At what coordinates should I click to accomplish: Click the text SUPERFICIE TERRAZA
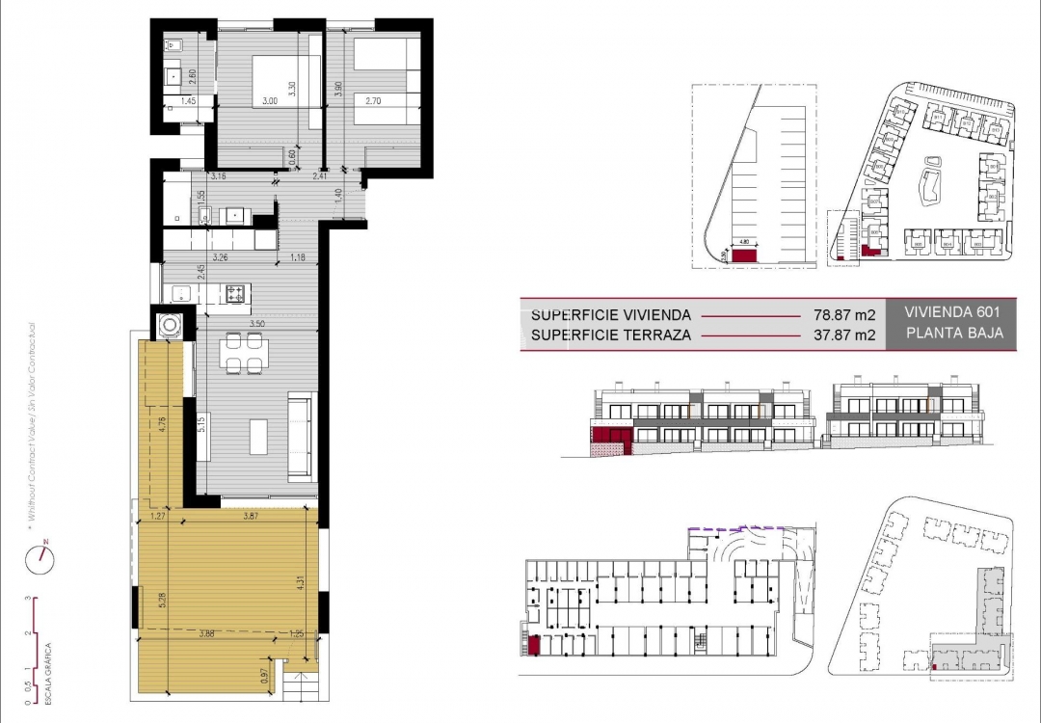611,335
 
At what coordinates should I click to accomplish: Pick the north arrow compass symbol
43,555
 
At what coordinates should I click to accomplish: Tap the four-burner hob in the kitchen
237,292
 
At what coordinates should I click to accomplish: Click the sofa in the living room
302,438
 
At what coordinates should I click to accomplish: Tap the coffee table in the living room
260,436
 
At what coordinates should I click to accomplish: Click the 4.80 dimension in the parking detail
744,243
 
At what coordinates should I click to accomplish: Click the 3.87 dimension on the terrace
251,517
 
